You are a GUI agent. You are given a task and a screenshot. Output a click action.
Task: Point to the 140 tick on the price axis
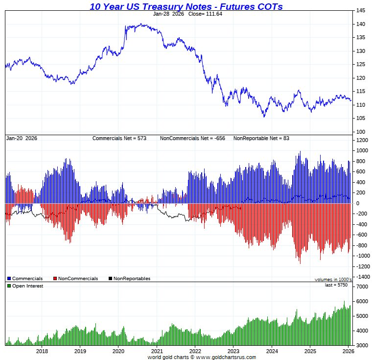(x=360, y=24)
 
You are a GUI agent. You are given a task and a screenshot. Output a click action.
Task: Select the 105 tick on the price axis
(x=360, y=118)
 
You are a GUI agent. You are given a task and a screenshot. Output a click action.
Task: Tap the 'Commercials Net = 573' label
(x=119, y=138)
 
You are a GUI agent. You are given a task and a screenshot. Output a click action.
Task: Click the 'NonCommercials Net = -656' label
(x=192, y=138)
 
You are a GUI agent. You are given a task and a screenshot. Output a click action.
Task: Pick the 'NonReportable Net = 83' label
(x=261, y=138)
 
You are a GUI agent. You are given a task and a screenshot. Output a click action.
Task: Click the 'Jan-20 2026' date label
(x=22, y=138)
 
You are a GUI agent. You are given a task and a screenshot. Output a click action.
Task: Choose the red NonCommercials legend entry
(x=75, y=279)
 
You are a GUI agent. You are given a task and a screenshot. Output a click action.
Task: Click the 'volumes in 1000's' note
(x=333, y=279)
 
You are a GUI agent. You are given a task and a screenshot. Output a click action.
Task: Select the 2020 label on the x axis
(x=118, y=351)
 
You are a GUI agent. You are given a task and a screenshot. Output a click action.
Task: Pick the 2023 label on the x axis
(x=233, y=351)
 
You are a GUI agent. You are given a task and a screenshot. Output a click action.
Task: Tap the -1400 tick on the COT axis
(x=362, y=277)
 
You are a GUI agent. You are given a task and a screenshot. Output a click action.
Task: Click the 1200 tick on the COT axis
(x=362, y=140)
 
